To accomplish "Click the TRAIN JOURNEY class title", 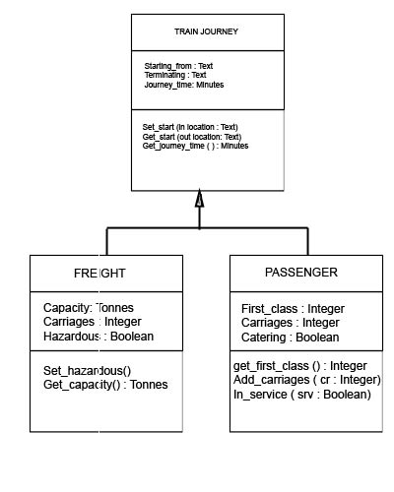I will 206,31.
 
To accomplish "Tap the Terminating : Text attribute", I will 175,75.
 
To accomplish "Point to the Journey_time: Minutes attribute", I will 184,85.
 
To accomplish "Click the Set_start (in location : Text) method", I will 190,127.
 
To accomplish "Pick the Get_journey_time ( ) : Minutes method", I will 195,146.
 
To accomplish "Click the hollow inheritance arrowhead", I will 199,200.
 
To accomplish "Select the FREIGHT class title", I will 99,273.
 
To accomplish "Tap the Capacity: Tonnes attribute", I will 89,308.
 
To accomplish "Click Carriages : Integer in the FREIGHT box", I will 93,322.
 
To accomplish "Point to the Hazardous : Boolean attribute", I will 98,336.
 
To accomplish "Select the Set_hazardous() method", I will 88,370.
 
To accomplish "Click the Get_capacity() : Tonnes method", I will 105,384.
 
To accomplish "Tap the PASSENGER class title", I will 301,272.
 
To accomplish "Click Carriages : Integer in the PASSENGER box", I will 291,323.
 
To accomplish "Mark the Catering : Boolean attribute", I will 290,337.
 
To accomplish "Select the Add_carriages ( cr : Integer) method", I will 306,380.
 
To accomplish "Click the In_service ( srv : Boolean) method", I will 301,394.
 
